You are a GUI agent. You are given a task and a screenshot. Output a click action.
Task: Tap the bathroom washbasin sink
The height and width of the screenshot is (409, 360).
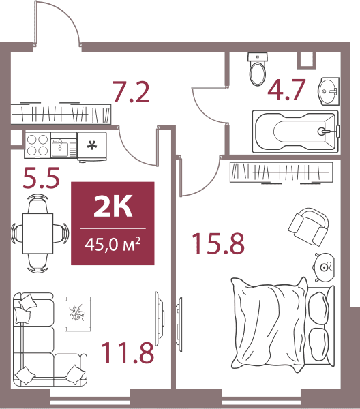[329, 91]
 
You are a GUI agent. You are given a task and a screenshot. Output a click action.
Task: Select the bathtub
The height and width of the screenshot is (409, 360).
[296, 131]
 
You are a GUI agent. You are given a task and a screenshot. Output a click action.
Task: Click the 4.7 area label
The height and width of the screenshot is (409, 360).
[286, 90]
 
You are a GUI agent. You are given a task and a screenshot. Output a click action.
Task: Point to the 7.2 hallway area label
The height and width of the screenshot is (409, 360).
[131, 92]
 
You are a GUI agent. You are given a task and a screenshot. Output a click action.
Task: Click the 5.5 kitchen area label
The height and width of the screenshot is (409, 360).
[41, 178]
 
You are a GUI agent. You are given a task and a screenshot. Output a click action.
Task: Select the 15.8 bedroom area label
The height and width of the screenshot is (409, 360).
[218, 243]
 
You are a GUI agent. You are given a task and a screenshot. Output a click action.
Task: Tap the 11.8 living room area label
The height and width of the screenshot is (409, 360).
[127, 353]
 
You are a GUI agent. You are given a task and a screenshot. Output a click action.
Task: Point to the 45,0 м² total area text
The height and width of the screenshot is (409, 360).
[112, 245]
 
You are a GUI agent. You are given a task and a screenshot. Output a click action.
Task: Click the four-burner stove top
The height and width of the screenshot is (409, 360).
[37, 145]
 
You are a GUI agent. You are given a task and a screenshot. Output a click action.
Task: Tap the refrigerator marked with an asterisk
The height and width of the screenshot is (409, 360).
[92, 147]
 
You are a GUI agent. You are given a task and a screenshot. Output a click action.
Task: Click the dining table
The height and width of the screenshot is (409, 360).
[37, 233]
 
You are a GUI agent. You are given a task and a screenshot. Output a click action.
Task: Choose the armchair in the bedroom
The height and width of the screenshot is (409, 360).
[308, 226]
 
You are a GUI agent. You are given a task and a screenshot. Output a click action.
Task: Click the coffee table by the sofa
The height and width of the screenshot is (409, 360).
[78, 314]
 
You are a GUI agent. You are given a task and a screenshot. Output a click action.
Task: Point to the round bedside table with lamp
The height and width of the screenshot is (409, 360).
[324, 267]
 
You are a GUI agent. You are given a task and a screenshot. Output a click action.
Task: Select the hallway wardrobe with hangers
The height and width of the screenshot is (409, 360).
[61, 114]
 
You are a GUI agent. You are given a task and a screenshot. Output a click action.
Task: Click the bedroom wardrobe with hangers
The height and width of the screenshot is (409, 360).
[281, 172]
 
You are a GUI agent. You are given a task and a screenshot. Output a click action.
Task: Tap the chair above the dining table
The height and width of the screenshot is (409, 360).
[37, 203]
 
